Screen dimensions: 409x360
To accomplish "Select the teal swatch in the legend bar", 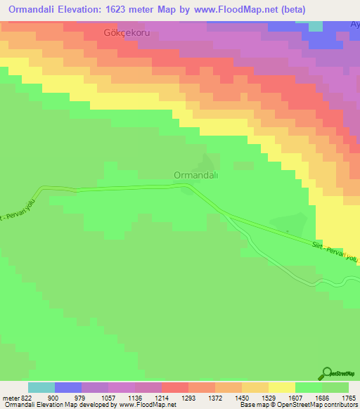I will point(41,387).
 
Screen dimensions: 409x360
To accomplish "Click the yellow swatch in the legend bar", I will point(282,387).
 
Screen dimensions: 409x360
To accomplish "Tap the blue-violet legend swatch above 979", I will point(68,387).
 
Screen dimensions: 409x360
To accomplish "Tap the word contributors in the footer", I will point(339,405).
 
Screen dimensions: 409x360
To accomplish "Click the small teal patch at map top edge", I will point(316,26).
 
